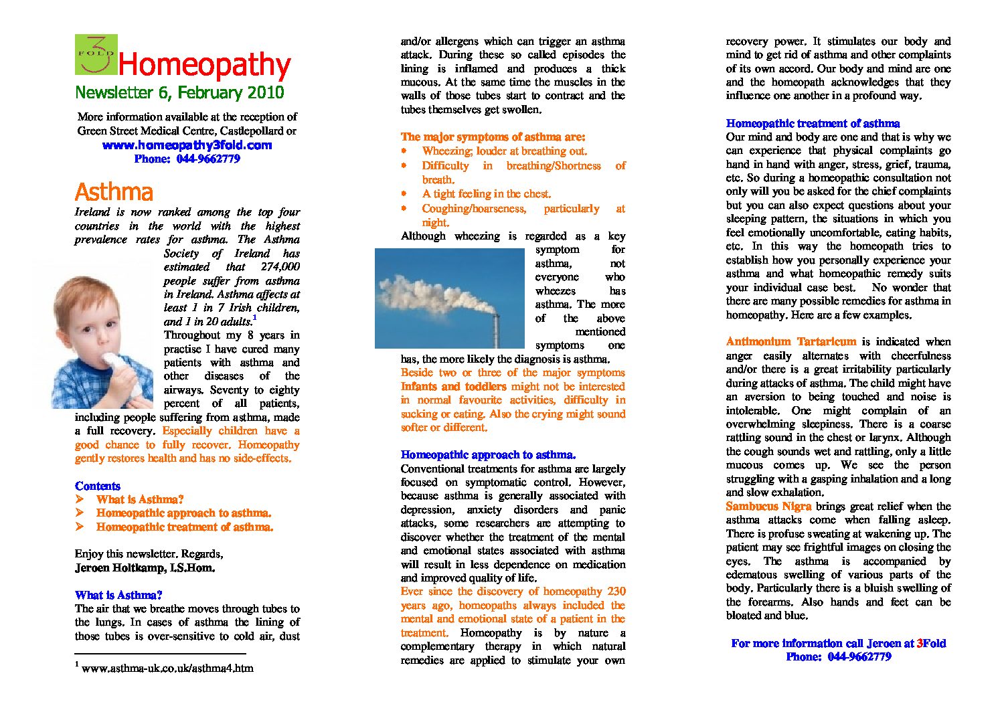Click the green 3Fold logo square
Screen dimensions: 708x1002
click(x=96, y=54)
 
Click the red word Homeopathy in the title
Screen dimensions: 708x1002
click(x=204, y=65)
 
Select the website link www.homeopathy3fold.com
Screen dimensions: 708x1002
click(x=187, y=145)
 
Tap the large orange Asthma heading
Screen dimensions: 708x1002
click(x=114, y=192)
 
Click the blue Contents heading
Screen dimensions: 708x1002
click(x=98, y=486)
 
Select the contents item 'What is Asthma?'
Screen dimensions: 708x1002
click(x=139, y=500)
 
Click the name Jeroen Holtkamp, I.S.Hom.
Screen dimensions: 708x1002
click(x=145, y=568)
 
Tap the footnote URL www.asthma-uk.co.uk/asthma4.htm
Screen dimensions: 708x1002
click(x=167, y=668)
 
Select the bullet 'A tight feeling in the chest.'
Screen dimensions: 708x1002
click(x=486, y=194)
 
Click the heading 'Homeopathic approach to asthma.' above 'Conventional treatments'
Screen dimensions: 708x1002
click(x=488, y=455)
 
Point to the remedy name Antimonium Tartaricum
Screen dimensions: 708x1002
click(x=790, y=342)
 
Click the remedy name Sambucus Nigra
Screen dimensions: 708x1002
click(x=768, y=507)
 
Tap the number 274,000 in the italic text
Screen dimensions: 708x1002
click(x=280, y=267)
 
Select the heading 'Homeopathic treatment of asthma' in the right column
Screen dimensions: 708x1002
click(x=813, y=124)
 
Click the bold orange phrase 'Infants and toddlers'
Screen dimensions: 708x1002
click(x=453, y=387)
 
